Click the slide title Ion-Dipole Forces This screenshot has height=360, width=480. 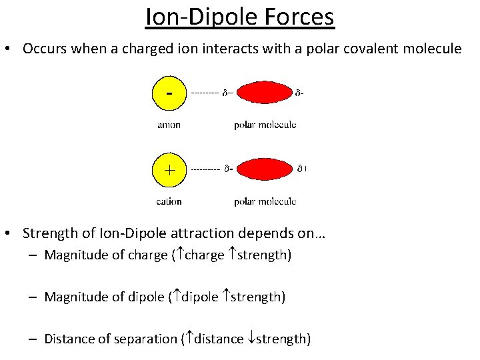pyautogui.click(x=240, y=17)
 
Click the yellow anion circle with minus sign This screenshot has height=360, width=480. pyautogui.click(x=170, y=93)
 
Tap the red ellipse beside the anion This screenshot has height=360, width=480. pyautogui.click(x=265, y=93)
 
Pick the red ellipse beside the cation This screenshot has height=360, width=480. pyautogui.click(x=265, y=169)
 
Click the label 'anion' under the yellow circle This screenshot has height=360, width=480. pyautogui.click(x=169, y=124)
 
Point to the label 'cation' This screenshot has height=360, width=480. pyautogui.click(x=169, y=201)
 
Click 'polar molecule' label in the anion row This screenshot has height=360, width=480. pyautogui.click(x=265, y=124)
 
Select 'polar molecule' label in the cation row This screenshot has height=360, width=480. pyautogui.click(x=265, y=201)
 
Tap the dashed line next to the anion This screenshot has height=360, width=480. pyautogui.click(x=205, y=93)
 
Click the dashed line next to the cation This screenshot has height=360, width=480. pyautogui.click(x=205, y=170)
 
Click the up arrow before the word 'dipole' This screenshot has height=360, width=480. pyautogui.click(x=177, y=297)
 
